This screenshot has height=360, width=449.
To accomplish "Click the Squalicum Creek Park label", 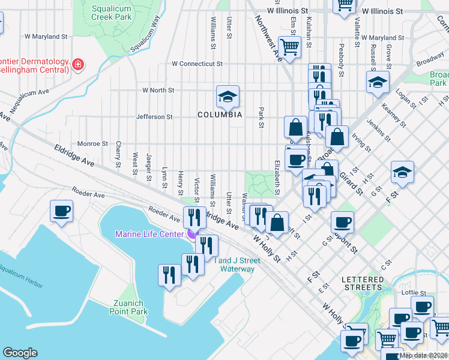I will coord(112,13).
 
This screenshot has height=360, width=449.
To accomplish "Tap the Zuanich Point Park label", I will coord(129,307).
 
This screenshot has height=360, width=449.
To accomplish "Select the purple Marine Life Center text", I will coord(150,234).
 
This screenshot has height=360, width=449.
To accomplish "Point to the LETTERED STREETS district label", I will coord(362,284).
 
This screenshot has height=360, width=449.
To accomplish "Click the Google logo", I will coord(20,353).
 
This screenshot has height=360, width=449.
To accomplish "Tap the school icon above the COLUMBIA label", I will coord(228,96).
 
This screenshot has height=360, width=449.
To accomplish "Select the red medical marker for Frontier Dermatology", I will coord(77,64).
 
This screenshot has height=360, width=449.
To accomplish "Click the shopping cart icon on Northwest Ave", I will coord(290,46).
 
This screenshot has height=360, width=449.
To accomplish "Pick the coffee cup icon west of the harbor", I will coord(62,211).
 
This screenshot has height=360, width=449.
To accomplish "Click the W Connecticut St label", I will coord(197,64).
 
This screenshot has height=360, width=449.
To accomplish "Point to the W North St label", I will coord(158,90).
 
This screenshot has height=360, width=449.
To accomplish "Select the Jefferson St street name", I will coord(154,117).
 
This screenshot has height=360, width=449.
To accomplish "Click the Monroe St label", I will coord(92,144).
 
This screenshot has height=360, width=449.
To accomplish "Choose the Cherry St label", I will coord(118,155).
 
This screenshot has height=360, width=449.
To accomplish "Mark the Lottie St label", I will coord(414,293).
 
